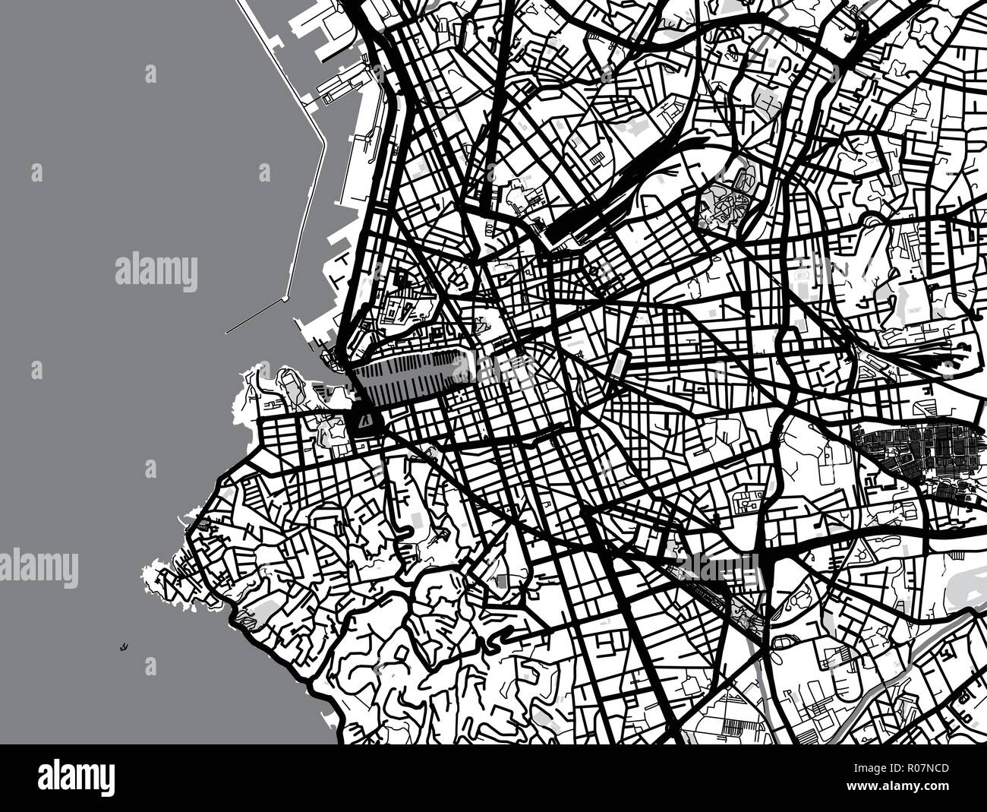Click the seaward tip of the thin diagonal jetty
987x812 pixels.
pos(227,333)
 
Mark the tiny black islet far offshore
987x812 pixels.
pos(121,648)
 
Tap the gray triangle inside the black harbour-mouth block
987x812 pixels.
pos(365,419)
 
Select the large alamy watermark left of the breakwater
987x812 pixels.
pos(156,272)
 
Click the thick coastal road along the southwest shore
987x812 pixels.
pos(289,668)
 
